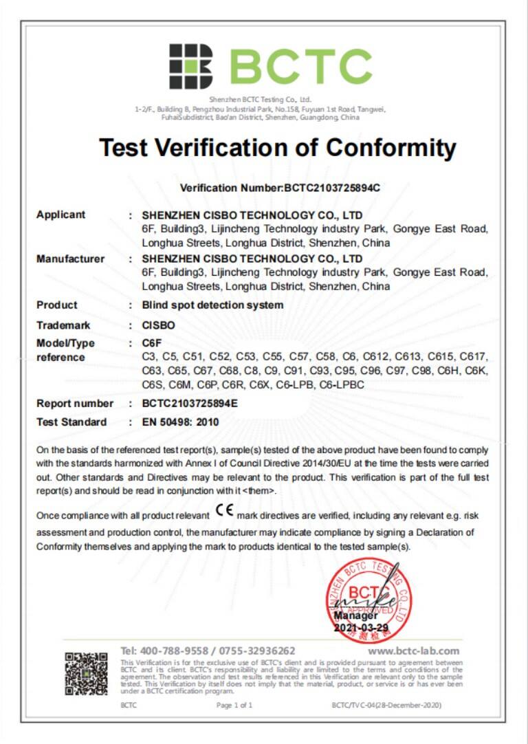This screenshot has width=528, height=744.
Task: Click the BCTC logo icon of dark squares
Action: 191,66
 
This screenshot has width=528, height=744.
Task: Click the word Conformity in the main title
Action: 390,147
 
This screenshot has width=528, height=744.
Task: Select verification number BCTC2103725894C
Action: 333,188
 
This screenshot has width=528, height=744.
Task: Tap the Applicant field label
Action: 60,215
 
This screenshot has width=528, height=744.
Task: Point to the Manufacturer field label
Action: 70,259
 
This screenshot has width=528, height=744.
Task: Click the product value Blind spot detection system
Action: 212,305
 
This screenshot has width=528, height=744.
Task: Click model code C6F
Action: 151,343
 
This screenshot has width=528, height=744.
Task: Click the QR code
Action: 87,674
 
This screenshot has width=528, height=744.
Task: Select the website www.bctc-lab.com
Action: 414,650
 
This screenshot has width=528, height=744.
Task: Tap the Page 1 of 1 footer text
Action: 234,705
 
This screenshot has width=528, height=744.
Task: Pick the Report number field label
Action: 74,404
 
